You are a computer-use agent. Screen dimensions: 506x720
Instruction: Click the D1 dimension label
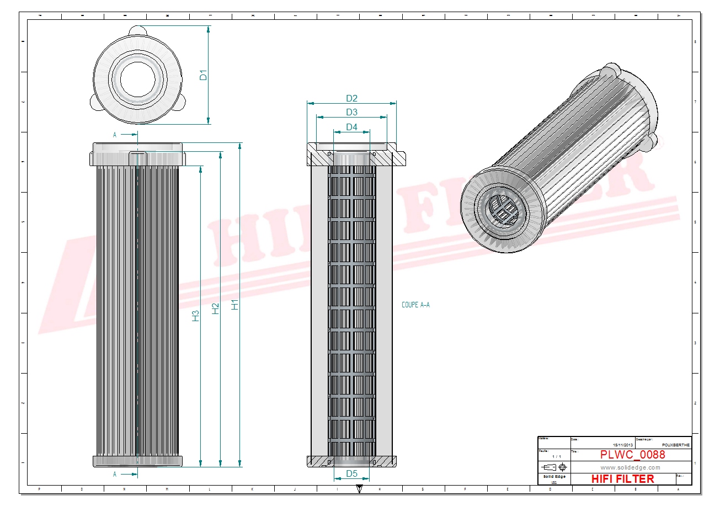pos(203,75)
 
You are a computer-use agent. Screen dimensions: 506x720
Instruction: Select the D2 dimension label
pos(351,98)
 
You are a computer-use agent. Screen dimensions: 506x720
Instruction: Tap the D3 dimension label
pos(351,113)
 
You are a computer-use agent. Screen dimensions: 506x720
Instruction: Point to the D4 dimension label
pos(351,127)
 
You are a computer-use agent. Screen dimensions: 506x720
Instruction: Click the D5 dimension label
pos(351,473)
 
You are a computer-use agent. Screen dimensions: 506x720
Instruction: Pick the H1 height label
pos(235,304)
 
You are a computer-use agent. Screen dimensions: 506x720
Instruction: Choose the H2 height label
pos(216,309)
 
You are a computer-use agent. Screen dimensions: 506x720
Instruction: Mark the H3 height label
pos(195,316)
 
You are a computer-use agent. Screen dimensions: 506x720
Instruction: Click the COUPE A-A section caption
pos(416,305)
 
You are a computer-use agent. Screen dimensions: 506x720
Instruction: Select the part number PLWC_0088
pos(632,455)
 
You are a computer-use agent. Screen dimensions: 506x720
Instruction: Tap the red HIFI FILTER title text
pos(622,479)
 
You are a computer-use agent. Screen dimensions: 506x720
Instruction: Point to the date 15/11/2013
pos(623,445)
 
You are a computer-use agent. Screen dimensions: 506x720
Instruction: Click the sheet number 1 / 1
pos(556,457)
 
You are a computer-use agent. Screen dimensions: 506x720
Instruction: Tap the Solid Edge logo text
pos(554,476)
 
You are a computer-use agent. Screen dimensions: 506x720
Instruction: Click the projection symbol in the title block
pos(554,467)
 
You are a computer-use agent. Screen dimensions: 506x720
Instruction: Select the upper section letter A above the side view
pos(115,135)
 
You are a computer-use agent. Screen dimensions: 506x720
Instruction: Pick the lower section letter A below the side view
pos(115,474)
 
